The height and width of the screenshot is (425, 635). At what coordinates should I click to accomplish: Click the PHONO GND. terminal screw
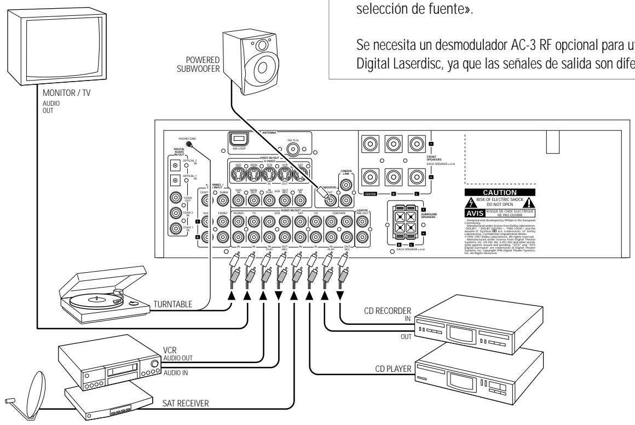190,143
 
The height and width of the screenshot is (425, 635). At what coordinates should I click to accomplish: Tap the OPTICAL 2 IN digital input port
176,164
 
